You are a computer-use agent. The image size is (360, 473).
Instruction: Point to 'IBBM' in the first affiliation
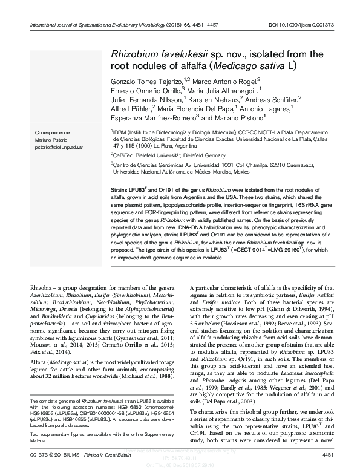(119, 131)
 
